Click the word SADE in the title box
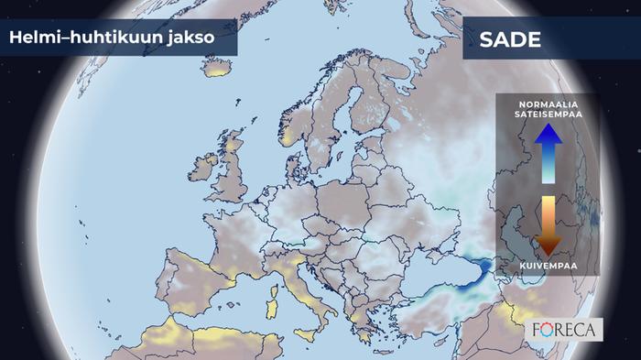(510, 41)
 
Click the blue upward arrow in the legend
(548, 152)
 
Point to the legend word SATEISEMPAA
(548, 115)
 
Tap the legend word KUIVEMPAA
(548, 266)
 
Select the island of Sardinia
(271, 301)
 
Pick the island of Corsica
(274, 278)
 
